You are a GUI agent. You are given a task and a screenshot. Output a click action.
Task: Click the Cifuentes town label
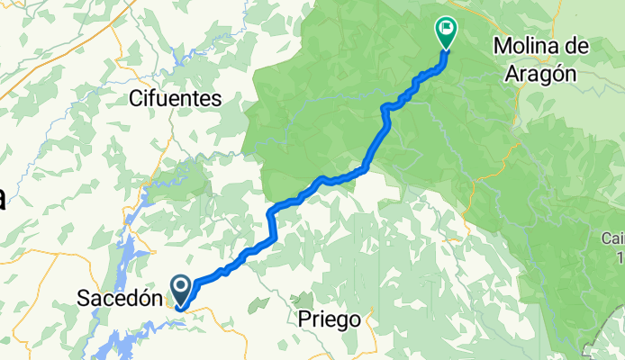coord(175,98)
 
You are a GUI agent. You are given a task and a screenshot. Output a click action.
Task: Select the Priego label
coord(330,319)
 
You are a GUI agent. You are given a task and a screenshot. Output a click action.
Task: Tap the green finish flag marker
coord(446,31)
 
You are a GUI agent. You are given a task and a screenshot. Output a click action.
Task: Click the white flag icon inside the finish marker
coord(446,27)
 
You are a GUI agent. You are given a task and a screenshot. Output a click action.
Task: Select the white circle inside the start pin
coord(180,287)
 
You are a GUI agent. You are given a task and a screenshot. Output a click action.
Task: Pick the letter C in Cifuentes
coord(136,98)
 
